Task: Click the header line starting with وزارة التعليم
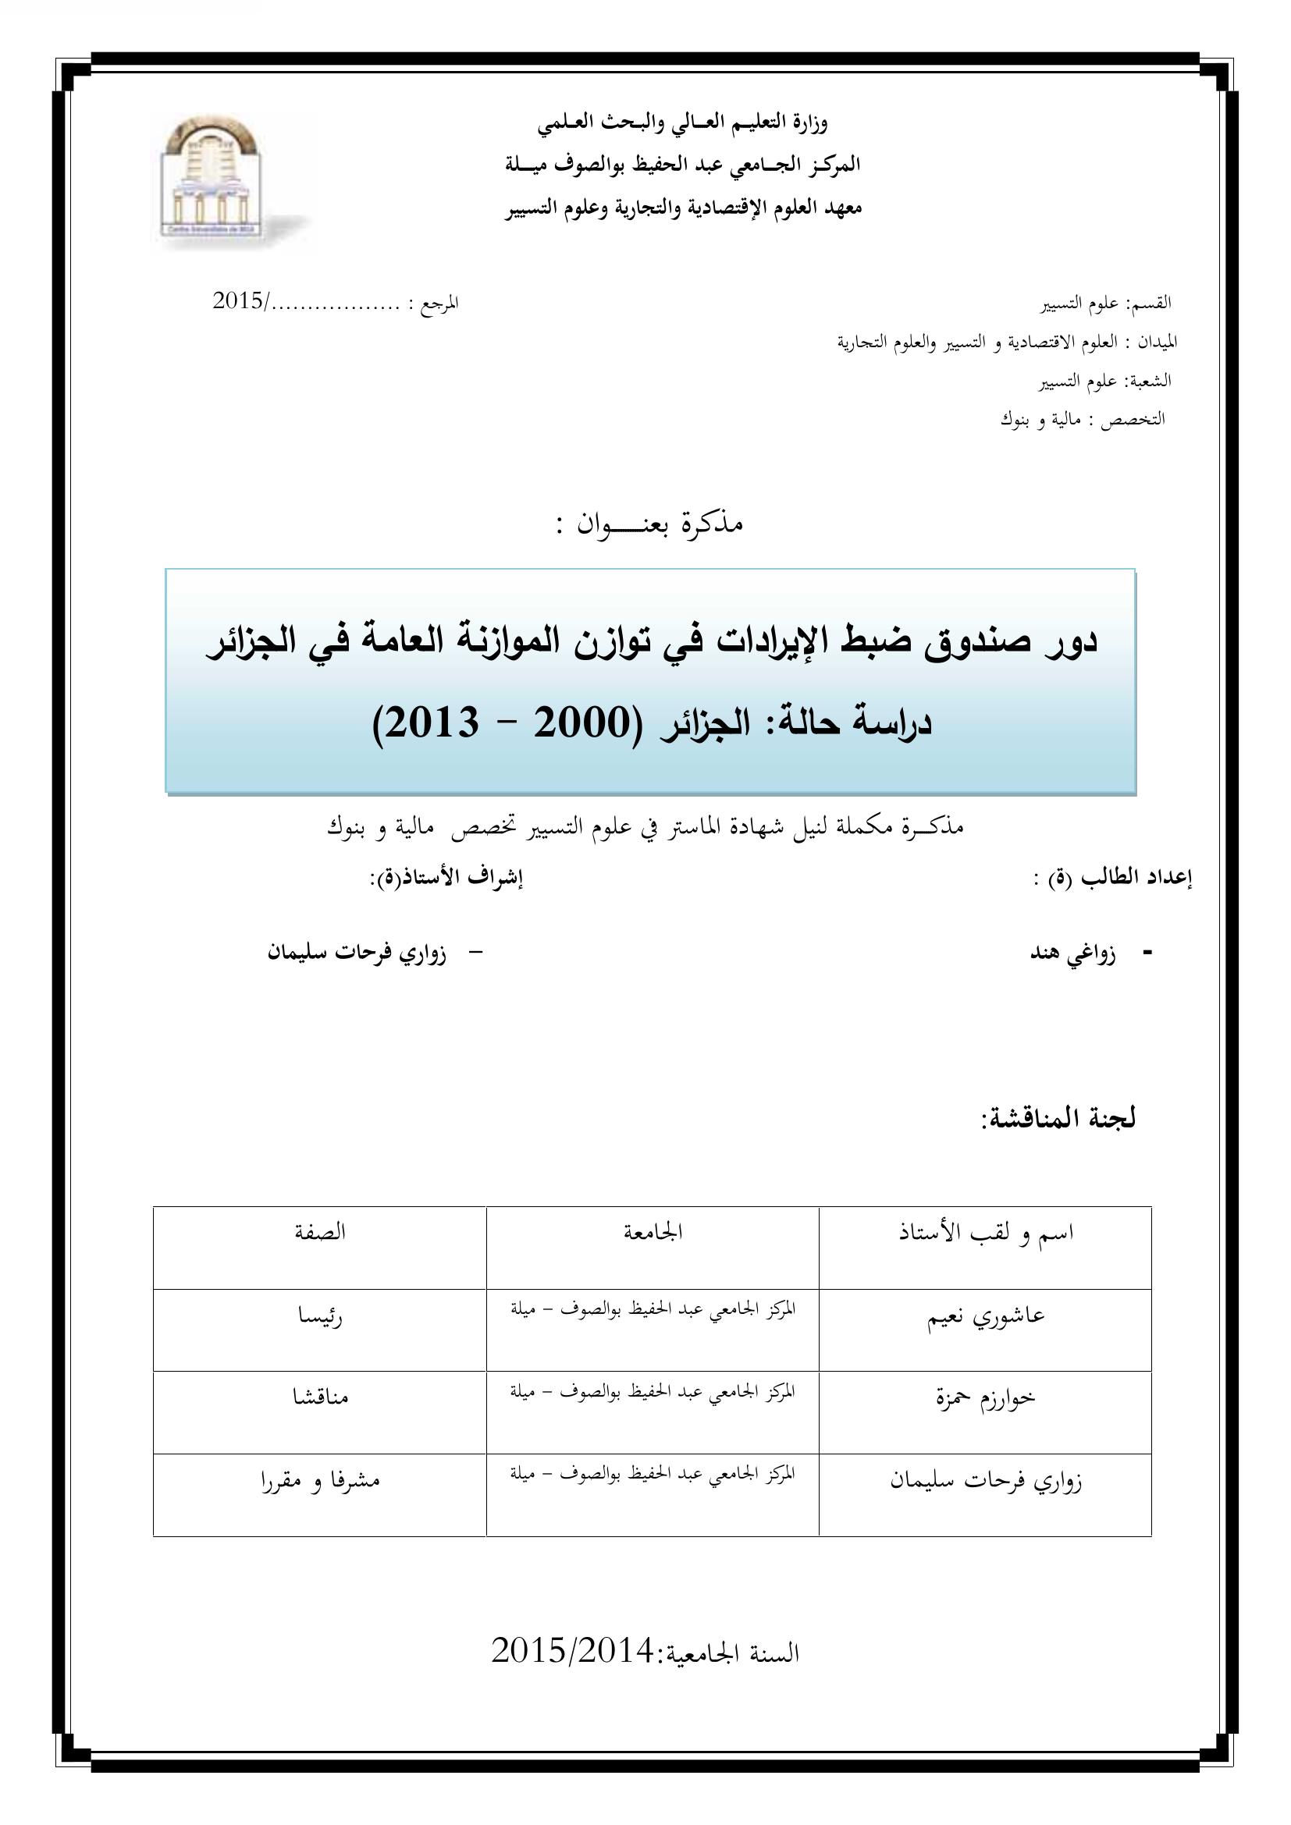(x=682, y=122)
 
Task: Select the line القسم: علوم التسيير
(x=1106, y=303)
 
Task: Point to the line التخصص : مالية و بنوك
(x=1082, y=419)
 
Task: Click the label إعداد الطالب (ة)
(x=1113, y=879)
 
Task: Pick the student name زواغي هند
(x=1072, y=953)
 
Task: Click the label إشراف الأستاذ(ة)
(x=446, y=879)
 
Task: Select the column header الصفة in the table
(x=319, y=1232)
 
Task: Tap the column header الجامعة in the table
(x=653, y=1232)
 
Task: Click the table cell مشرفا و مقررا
(x=319, y=1479)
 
